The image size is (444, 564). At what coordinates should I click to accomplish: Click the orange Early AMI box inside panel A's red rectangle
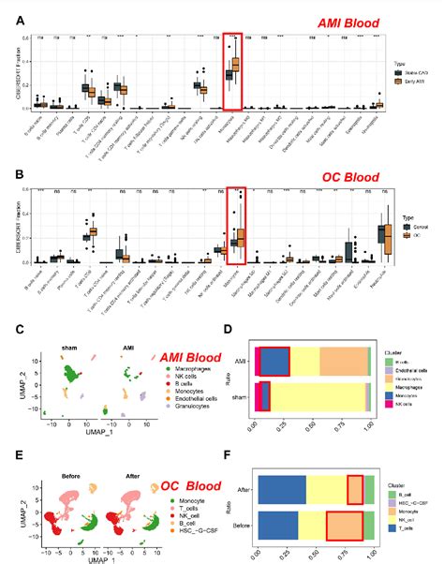point(236,64)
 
